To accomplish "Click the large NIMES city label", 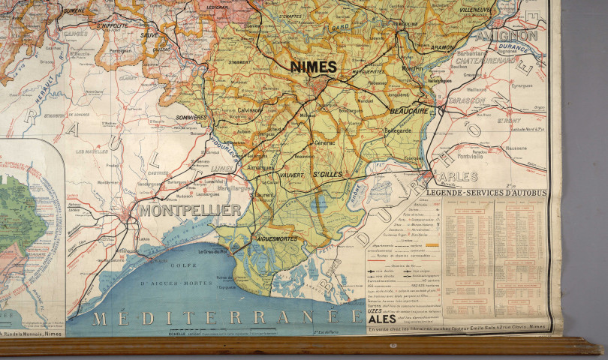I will pyautogui.click(x=314, y=67).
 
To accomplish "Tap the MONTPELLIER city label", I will pyautogui.click(x=189, y=211).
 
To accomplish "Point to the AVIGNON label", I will pyautogui.click(x=514, y=35).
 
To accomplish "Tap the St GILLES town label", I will pyautogui.click(x=329, y=175).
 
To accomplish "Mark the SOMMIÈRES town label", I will pyautogui.click(x=190, y=118).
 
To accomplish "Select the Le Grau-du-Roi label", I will pyautogui.click(x=212, y=253).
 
